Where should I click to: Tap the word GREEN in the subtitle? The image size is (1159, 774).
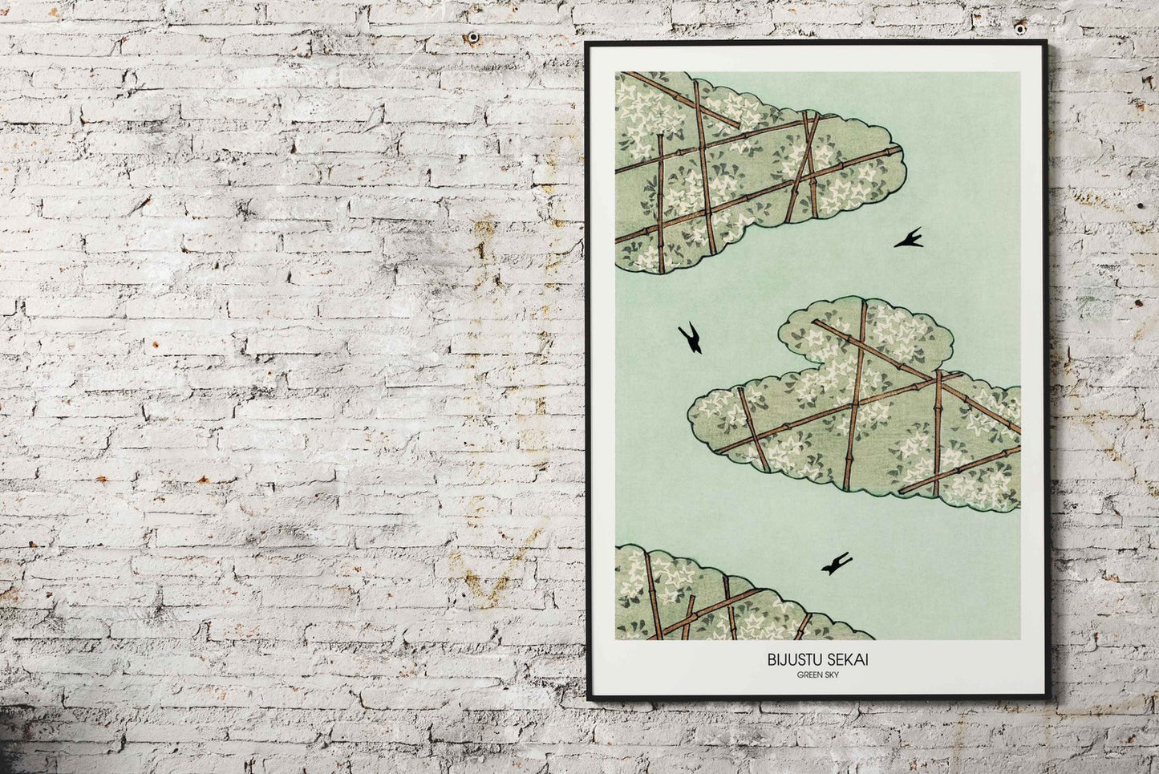click(x=807, y=675)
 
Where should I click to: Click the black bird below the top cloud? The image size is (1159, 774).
click(x=910, y=238)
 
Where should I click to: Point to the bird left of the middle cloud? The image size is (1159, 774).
click(x=691, y=338)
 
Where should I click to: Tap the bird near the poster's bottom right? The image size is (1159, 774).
click(x=837, y=564)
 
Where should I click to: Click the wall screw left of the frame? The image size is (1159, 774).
click(x=472, y=37)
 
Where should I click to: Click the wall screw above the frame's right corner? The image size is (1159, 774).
click(x=1019, y=29)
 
